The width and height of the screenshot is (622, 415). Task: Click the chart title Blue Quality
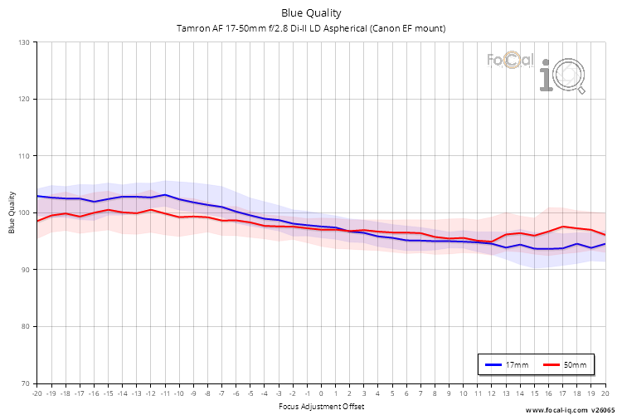point(311,13)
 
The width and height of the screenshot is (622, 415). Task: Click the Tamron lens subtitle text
point(311,28)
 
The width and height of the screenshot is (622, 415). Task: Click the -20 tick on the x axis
point(36,393)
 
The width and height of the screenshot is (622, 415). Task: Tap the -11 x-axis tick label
point(164,393)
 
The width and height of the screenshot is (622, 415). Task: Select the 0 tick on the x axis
point(321,393)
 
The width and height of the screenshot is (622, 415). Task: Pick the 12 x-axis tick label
point(491,393)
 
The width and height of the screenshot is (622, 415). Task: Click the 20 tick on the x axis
point(605,393)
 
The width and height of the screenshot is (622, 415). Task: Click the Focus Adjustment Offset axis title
point(321,406)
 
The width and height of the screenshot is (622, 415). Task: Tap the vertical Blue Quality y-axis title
point(12,212)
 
